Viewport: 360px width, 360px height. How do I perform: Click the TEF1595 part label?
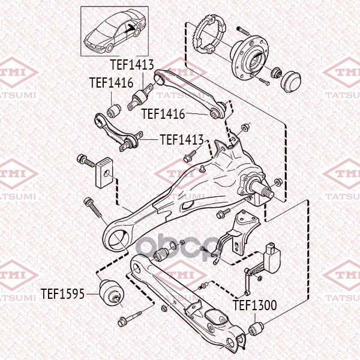point(62,293)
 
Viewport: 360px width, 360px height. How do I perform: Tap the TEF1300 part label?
point(255,305)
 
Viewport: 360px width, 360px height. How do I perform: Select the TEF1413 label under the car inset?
point(132,65)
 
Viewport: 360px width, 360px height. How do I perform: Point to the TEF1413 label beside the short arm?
point(182,140)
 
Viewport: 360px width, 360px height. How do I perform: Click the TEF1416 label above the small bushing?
point(112,82)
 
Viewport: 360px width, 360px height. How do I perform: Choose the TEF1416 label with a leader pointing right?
point(163,113)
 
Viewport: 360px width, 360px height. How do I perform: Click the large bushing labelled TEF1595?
point(112,293)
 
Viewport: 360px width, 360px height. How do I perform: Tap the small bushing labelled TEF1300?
point(256,329)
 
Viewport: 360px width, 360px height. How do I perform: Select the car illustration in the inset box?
point(115,31)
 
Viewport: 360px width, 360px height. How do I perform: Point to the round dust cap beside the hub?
point(290,82)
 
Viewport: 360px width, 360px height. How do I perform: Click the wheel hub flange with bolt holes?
point(250,58)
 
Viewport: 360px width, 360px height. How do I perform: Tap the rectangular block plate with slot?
point(104,172)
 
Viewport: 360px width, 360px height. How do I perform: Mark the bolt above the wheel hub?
point(243,31)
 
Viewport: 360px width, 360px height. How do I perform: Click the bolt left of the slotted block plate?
point(86,160)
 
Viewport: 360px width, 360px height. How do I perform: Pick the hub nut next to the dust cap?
point(277,73)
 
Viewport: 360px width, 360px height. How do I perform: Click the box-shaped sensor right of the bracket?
point(272,258)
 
